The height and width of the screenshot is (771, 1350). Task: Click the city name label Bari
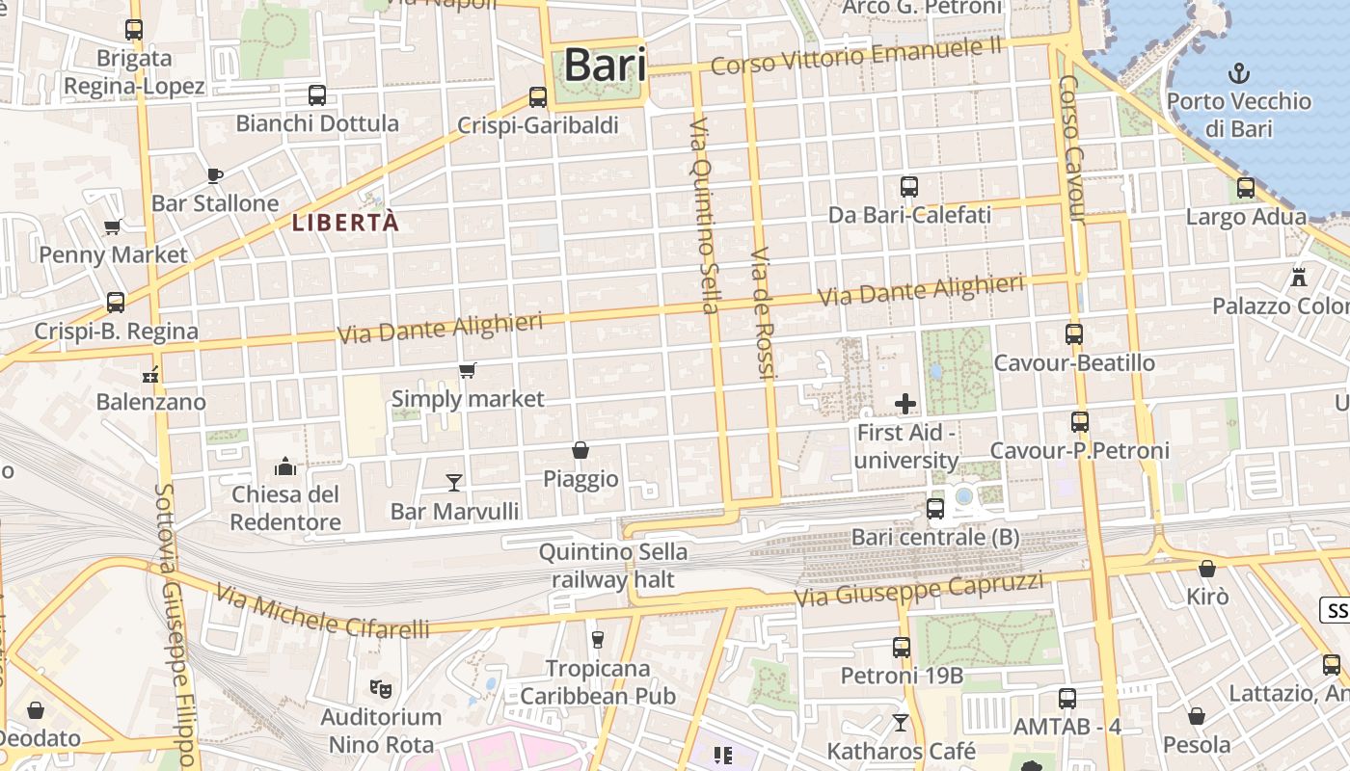point(604,66)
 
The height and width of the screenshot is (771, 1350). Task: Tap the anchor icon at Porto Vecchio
point(1238,73)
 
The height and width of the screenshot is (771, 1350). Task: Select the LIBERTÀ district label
point(345,223)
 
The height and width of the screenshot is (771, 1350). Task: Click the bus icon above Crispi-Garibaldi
point(538,97)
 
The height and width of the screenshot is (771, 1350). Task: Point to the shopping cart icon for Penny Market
point(112,227)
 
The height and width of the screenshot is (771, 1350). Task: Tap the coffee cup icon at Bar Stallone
point(214,175)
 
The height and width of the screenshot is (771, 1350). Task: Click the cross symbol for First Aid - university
point(905,404)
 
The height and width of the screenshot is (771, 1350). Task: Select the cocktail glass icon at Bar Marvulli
point(454,482)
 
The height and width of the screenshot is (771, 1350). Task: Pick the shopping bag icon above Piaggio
point(580,450)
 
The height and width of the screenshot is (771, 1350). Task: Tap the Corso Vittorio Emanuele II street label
point(856,56)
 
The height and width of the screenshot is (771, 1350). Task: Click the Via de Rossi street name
point(762,312)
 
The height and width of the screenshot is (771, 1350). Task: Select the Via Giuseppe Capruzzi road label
point(918,590)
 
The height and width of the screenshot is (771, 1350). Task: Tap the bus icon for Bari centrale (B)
point(934,509)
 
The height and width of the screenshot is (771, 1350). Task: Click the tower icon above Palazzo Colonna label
point(1299,278)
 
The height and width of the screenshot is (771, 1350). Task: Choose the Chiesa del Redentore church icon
point(285,467)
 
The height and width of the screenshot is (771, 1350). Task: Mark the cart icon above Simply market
point(468,371)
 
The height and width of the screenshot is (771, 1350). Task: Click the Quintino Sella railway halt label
point(613,566)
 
